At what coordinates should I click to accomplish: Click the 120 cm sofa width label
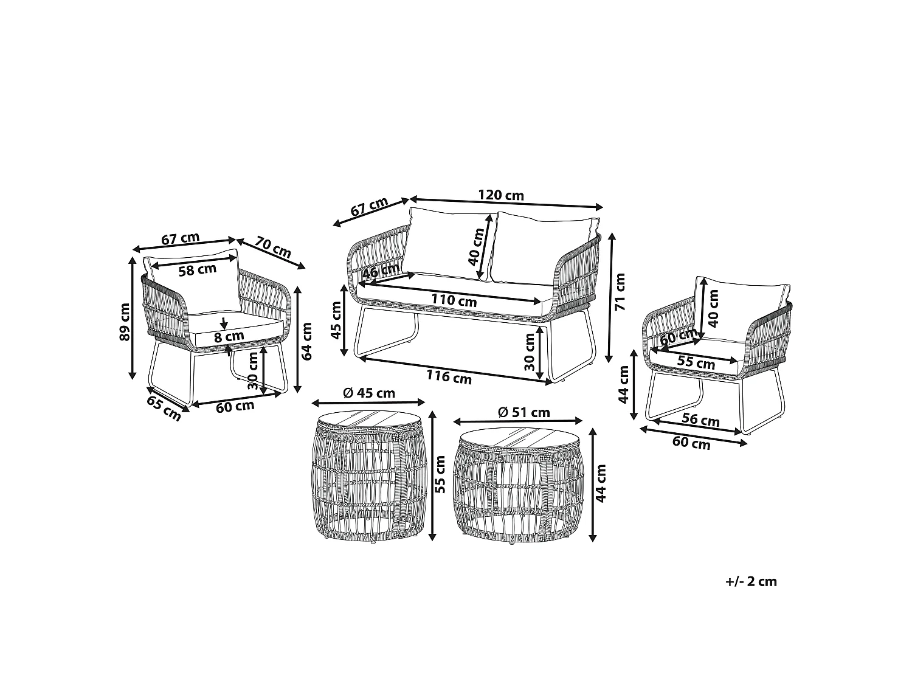click(x=500, y=195)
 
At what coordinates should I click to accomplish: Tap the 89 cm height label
click(x=125, y=322)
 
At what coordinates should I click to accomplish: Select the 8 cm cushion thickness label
click(x=229, y=337)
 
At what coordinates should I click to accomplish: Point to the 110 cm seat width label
click(x=454, y=300)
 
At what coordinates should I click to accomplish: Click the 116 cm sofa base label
click(x=449, y=377)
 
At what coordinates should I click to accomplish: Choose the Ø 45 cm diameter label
click(x=370, y=393)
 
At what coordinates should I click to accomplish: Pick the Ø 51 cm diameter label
click(x=524, y=412)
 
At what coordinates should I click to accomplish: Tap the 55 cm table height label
click(x=440, y=475)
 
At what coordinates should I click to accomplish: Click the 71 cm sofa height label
click(x=620, y=292)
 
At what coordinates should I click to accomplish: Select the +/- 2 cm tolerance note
click(x=751, y=581)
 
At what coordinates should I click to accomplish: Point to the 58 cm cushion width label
click(x=198, y=270)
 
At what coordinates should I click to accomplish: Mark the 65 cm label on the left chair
click(x=164, y=409)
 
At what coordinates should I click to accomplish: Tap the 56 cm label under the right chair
click(x=700, y=420)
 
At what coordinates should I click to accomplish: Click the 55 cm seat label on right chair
click(x=696, y=362)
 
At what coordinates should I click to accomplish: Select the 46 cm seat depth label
click(x=381, y=271)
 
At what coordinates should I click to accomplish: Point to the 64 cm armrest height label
click(x=306, y=342)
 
